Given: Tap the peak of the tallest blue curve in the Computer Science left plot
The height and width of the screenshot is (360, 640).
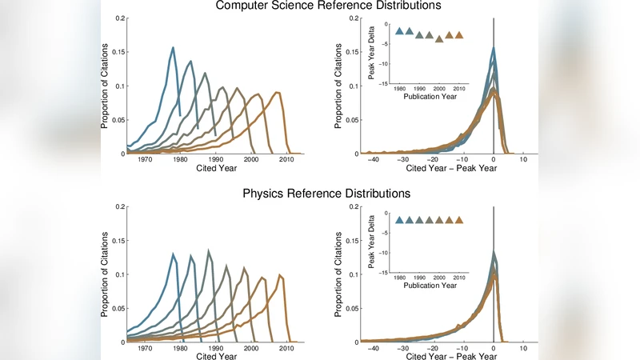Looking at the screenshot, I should (173, 47).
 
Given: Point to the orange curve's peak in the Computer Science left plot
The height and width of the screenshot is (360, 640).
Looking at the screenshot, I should (277, 93).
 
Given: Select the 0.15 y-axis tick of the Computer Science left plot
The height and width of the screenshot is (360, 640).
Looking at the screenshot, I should (119, 52).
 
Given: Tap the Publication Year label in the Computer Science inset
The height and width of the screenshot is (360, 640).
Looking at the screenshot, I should (430, 95).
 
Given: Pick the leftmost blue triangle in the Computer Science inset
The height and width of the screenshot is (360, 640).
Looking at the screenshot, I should (399, 31).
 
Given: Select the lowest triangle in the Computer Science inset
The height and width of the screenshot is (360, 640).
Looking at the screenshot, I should (439, 38).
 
